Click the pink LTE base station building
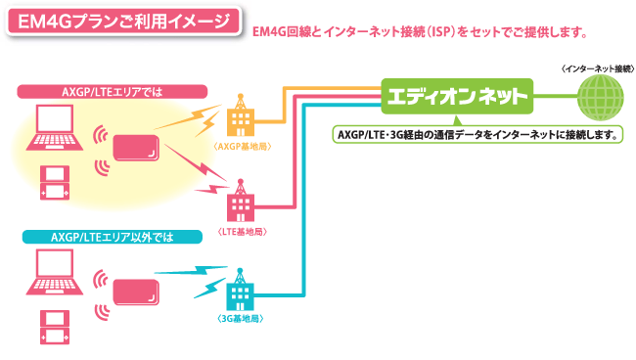pos(240,205)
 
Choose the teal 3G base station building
pos(240,292)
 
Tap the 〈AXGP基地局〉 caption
pos(239,145)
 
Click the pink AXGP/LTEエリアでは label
pos(113,91)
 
